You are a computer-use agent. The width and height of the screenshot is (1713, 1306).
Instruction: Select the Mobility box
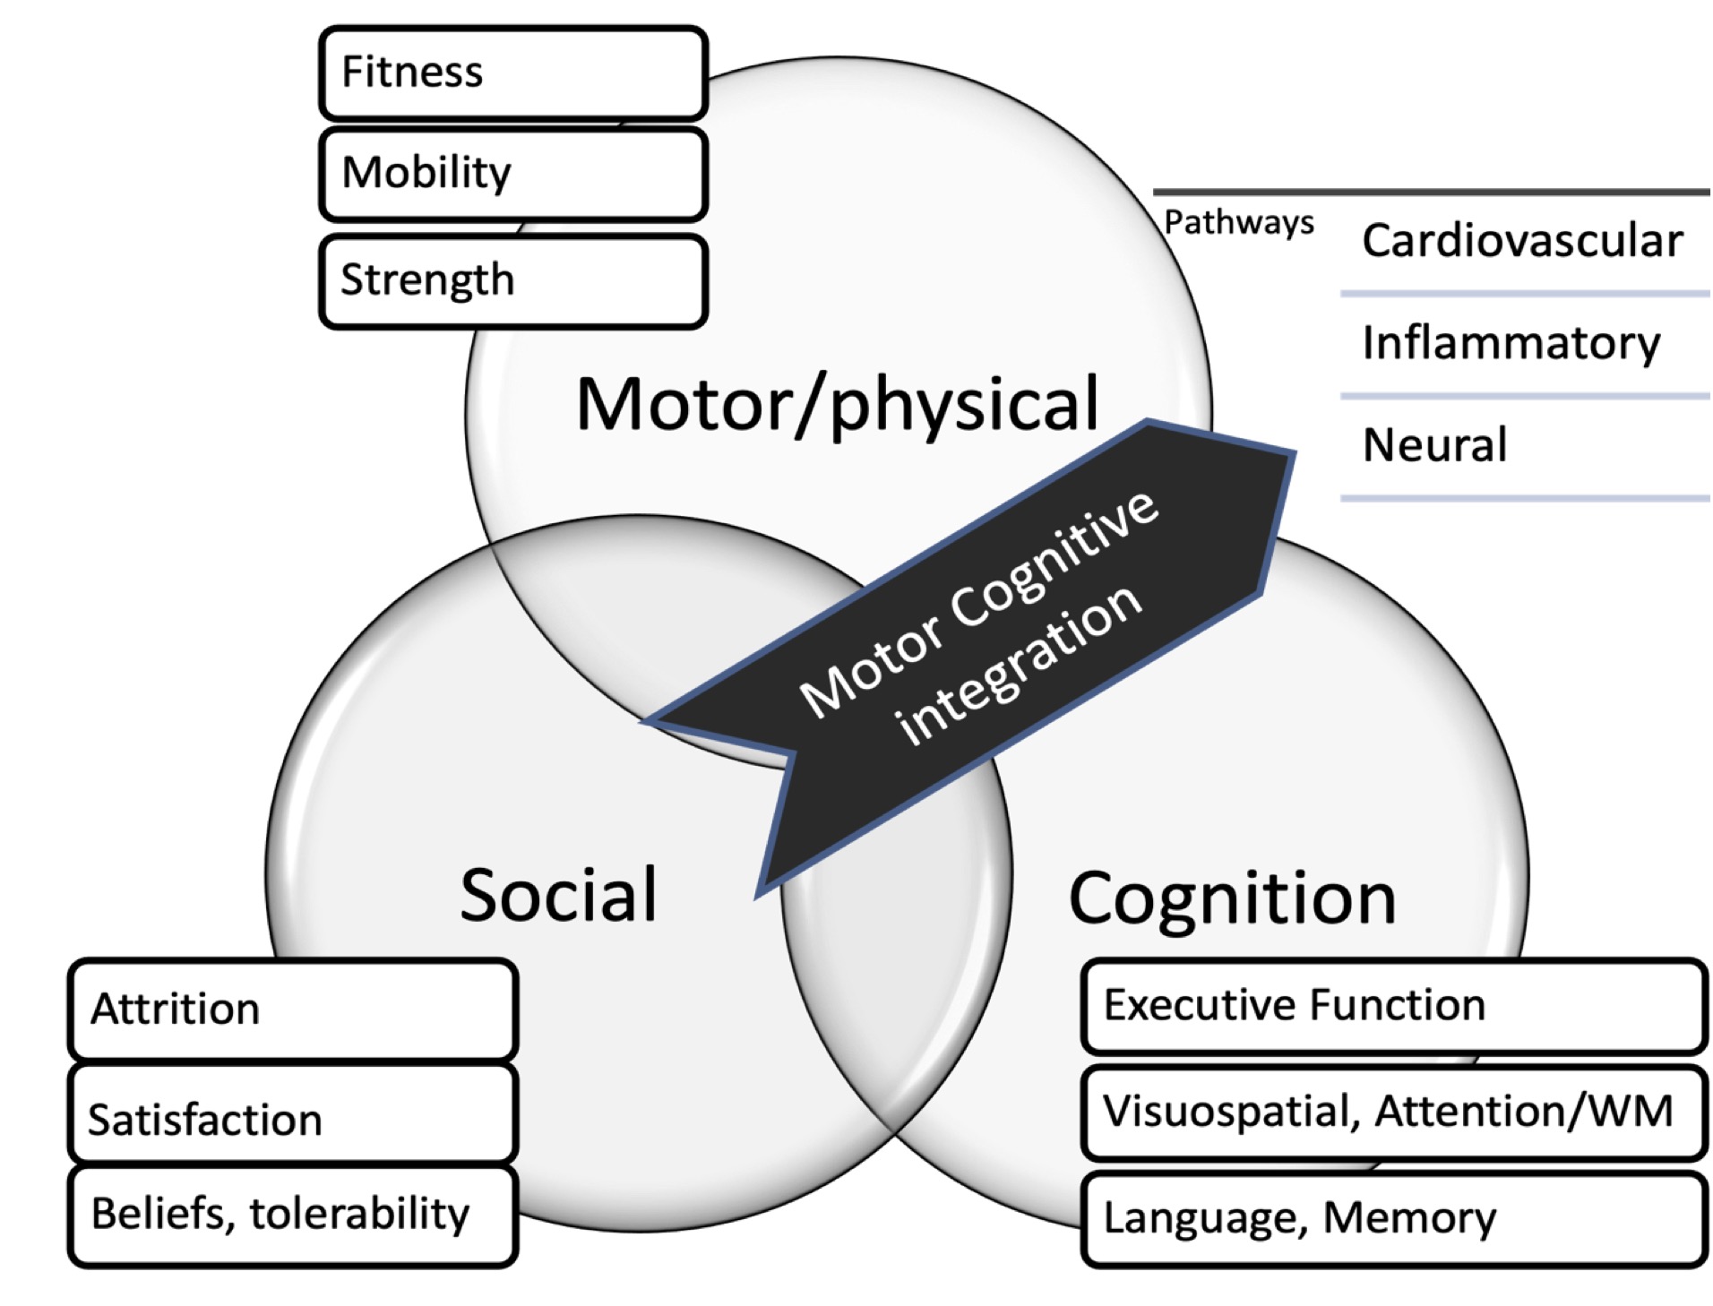click(512, 174)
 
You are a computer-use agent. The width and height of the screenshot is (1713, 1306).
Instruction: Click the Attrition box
click(292, 1010)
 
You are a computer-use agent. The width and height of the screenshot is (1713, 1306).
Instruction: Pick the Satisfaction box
click(292, 1118)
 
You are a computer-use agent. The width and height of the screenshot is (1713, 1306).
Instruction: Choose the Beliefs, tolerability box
click(292, 1215)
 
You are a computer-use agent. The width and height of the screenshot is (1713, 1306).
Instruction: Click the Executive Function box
click(1392, 1005)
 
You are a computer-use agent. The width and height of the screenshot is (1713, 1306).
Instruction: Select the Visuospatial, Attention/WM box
click(1392, 1112)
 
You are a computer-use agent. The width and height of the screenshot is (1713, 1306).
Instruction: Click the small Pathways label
click(1238, 222)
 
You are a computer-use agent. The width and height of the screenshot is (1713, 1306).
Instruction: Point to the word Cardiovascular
click(1521, 241)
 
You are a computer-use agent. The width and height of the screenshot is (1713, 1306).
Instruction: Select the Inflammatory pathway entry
click(1511, 343)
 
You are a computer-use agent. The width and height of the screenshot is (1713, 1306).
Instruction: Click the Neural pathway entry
click(1434, 445)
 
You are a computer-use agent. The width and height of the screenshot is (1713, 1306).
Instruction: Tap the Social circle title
click(558, 894)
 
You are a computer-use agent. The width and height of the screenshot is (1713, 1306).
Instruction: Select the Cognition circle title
click(1232, 898)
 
